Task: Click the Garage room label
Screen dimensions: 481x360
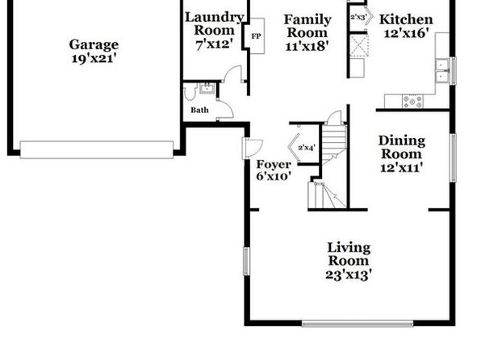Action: (94, 45)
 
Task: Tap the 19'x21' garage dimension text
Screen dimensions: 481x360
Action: (94, 58)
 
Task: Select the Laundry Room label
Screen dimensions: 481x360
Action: (214, 24)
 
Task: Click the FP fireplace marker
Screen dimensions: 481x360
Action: (256, 36)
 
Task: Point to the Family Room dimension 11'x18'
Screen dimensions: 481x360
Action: (307, 46)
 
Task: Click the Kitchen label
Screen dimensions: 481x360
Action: (406, 19)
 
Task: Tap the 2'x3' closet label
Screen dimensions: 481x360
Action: (358, 17)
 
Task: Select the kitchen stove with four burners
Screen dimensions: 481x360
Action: (412, 101)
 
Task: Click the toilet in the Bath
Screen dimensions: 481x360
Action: (190, 92)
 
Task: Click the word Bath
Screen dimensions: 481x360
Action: (199, 110)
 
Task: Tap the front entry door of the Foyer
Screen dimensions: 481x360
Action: (252, 149)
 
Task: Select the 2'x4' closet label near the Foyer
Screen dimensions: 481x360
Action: (307, 148)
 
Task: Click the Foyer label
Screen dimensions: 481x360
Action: (274, 165)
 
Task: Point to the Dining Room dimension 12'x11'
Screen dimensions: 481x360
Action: (402, 168)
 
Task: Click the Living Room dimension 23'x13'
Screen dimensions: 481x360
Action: (349, 274)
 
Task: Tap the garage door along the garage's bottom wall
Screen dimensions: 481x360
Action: (97, 150)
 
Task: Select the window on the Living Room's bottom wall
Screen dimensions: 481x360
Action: (358, 324)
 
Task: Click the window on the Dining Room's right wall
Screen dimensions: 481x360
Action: (453, 157)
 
